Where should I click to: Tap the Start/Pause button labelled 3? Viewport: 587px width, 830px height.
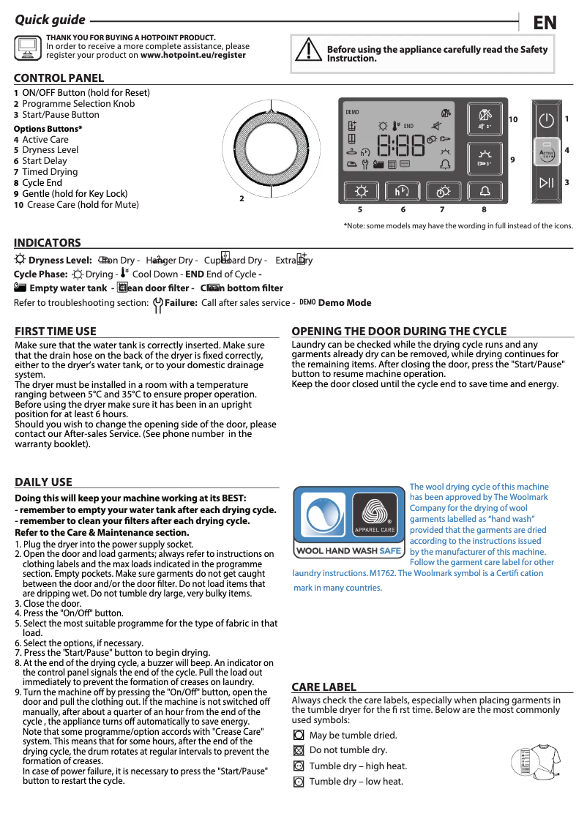(x=546, y=182)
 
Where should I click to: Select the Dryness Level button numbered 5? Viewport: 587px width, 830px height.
(x=361, y=191)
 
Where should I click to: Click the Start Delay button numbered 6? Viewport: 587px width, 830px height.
(x=402, y=191)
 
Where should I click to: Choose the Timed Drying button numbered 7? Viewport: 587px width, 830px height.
(x=443, y=191)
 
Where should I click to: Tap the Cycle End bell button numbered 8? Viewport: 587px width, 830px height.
(x=485, y=191)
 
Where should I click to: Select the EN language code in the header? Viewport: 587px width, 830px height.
(x=545, y=23)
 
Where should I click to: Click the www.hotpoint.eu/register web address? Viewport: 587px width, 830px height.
(x=193, y=55)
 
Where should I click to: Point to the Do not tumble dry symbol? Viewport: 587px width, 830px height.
(x=299, y=750)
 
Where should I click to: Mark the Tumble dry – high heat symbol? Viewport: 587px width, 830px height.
(x=299, y=766)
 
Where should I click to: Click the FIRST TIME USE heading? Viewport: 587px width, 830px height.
(x=56, y=332)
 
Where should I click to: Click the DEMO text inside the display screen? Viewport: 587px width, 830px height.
(x=352, y=112)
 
